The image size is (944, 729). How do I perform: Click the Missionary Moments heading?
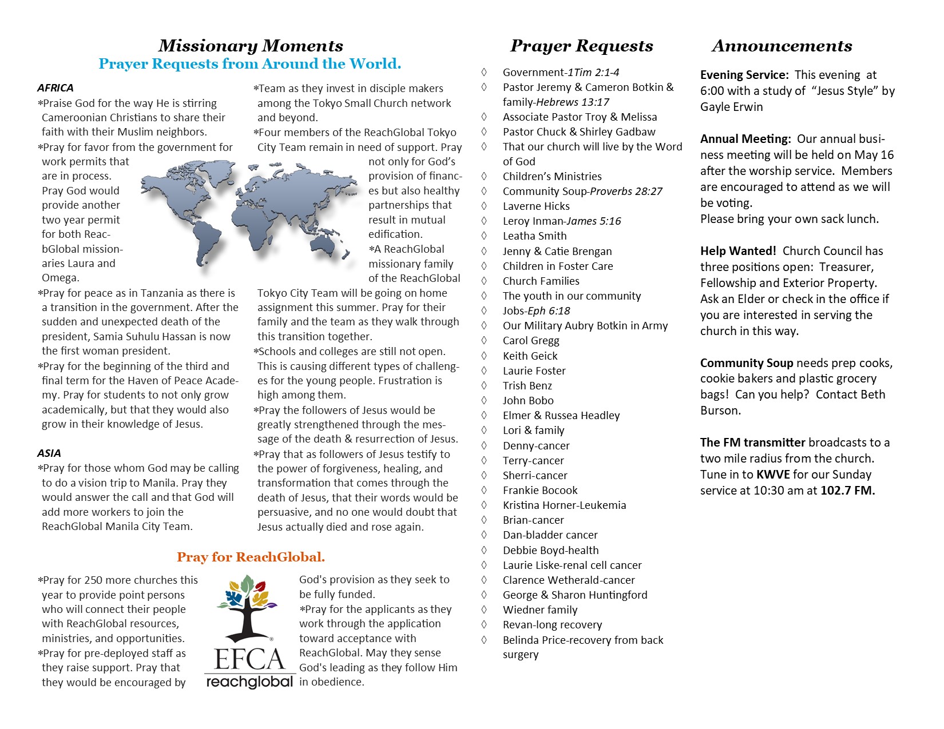[x=251, y=46]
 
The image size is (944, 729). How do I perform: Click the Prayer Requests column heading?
[x=581, y=46]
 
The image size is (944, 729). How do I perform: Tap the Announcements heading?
[x=782, y=46]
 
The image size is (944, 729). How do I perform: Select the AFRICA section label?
[x=55, y=88]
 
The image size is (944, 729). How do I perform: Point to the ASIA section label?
[x=49, y=453]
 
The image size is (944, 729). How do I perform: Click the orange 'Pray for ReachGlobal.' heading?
[x=251, y=557]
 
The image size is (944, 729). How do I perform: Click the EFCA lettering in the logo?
[x=249, y=659]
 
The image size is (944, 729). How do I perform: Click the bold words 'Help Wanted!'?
[x=738, y=251]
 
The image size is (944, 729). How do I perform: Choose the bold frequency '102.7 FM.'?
[x=847, y=491]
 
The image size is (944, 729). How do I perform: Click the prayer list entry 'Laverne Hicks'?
[x=536, y=206]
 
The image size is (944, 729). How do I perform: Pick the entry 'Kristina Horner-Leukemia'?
[x=564, y=505]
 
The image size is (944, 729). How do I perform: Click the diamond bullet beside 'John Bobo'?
[x=484, y=400]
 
